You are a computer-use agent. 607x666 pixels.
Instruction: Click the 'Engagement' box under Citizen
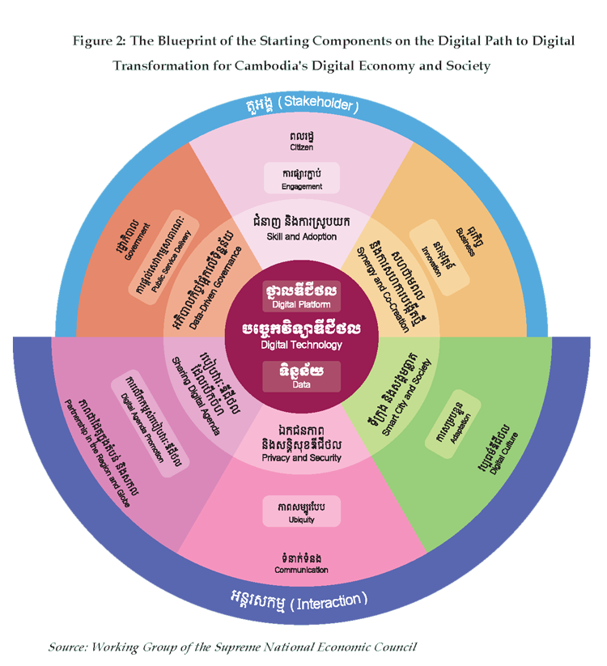[x=302, y=178]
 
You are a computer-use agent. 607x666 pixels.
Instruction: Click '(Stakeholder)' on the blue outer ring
[x=322, y=106]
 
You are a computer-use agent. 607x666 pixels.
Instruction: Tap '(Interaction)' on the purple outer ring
[x=328, y=601]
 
